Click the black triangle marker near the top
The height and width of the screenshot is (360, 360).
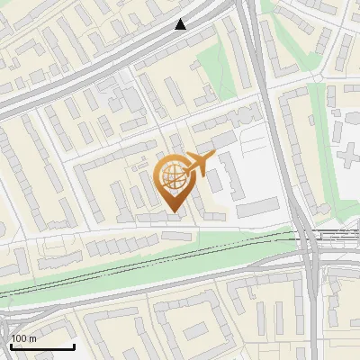coord(181,24)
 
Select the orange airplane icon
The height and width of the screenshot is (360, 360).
coord(199,164)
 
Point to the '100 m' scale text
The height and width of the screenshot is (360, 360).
coord(23,338)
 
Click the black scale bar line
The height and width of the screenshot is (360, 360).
coord(42,346)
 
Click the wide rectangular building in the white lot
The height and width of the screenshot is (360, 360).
coord(259,208)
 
